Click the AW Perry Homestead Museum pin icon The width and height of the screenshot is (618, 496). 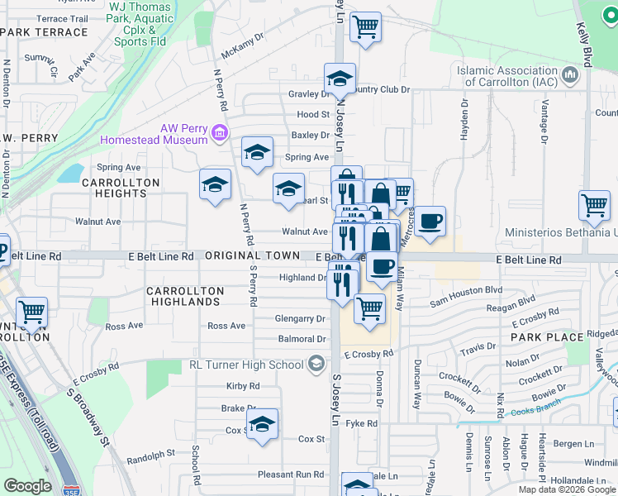[x=220, y=132]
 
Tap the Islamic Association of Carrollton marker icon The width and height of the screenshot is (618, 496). [x=569, y=77]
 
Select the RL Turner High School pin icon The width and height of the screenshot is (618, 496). [x=316, y=364]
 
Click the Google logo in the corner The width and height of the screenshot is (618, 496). [x=28, y=486]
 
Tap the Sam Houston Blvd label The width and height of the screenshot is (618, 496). [x=465, y=290]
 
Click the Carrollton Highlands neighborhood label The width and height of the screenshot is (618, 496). [x=185, y=297]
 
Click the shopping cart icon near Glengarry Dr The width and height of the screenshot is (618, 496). [x=368, y=308]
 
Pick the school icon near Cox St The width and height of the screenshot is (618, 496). [x=263, y=424]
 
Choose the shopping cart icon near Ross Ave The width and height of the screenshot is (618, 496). [x=32, y=312]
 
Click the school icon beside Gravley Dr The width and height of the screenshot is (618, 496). [x=340, y=79]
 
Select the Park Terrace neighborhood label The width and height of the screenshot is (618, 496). [x=45, y=32]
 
